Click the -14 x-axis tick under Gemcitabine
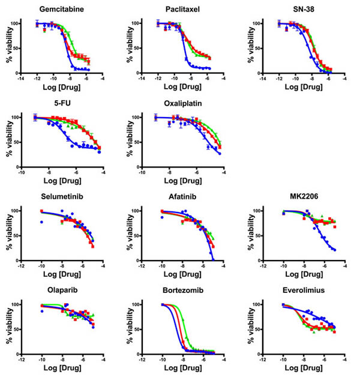pos(22,78)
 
